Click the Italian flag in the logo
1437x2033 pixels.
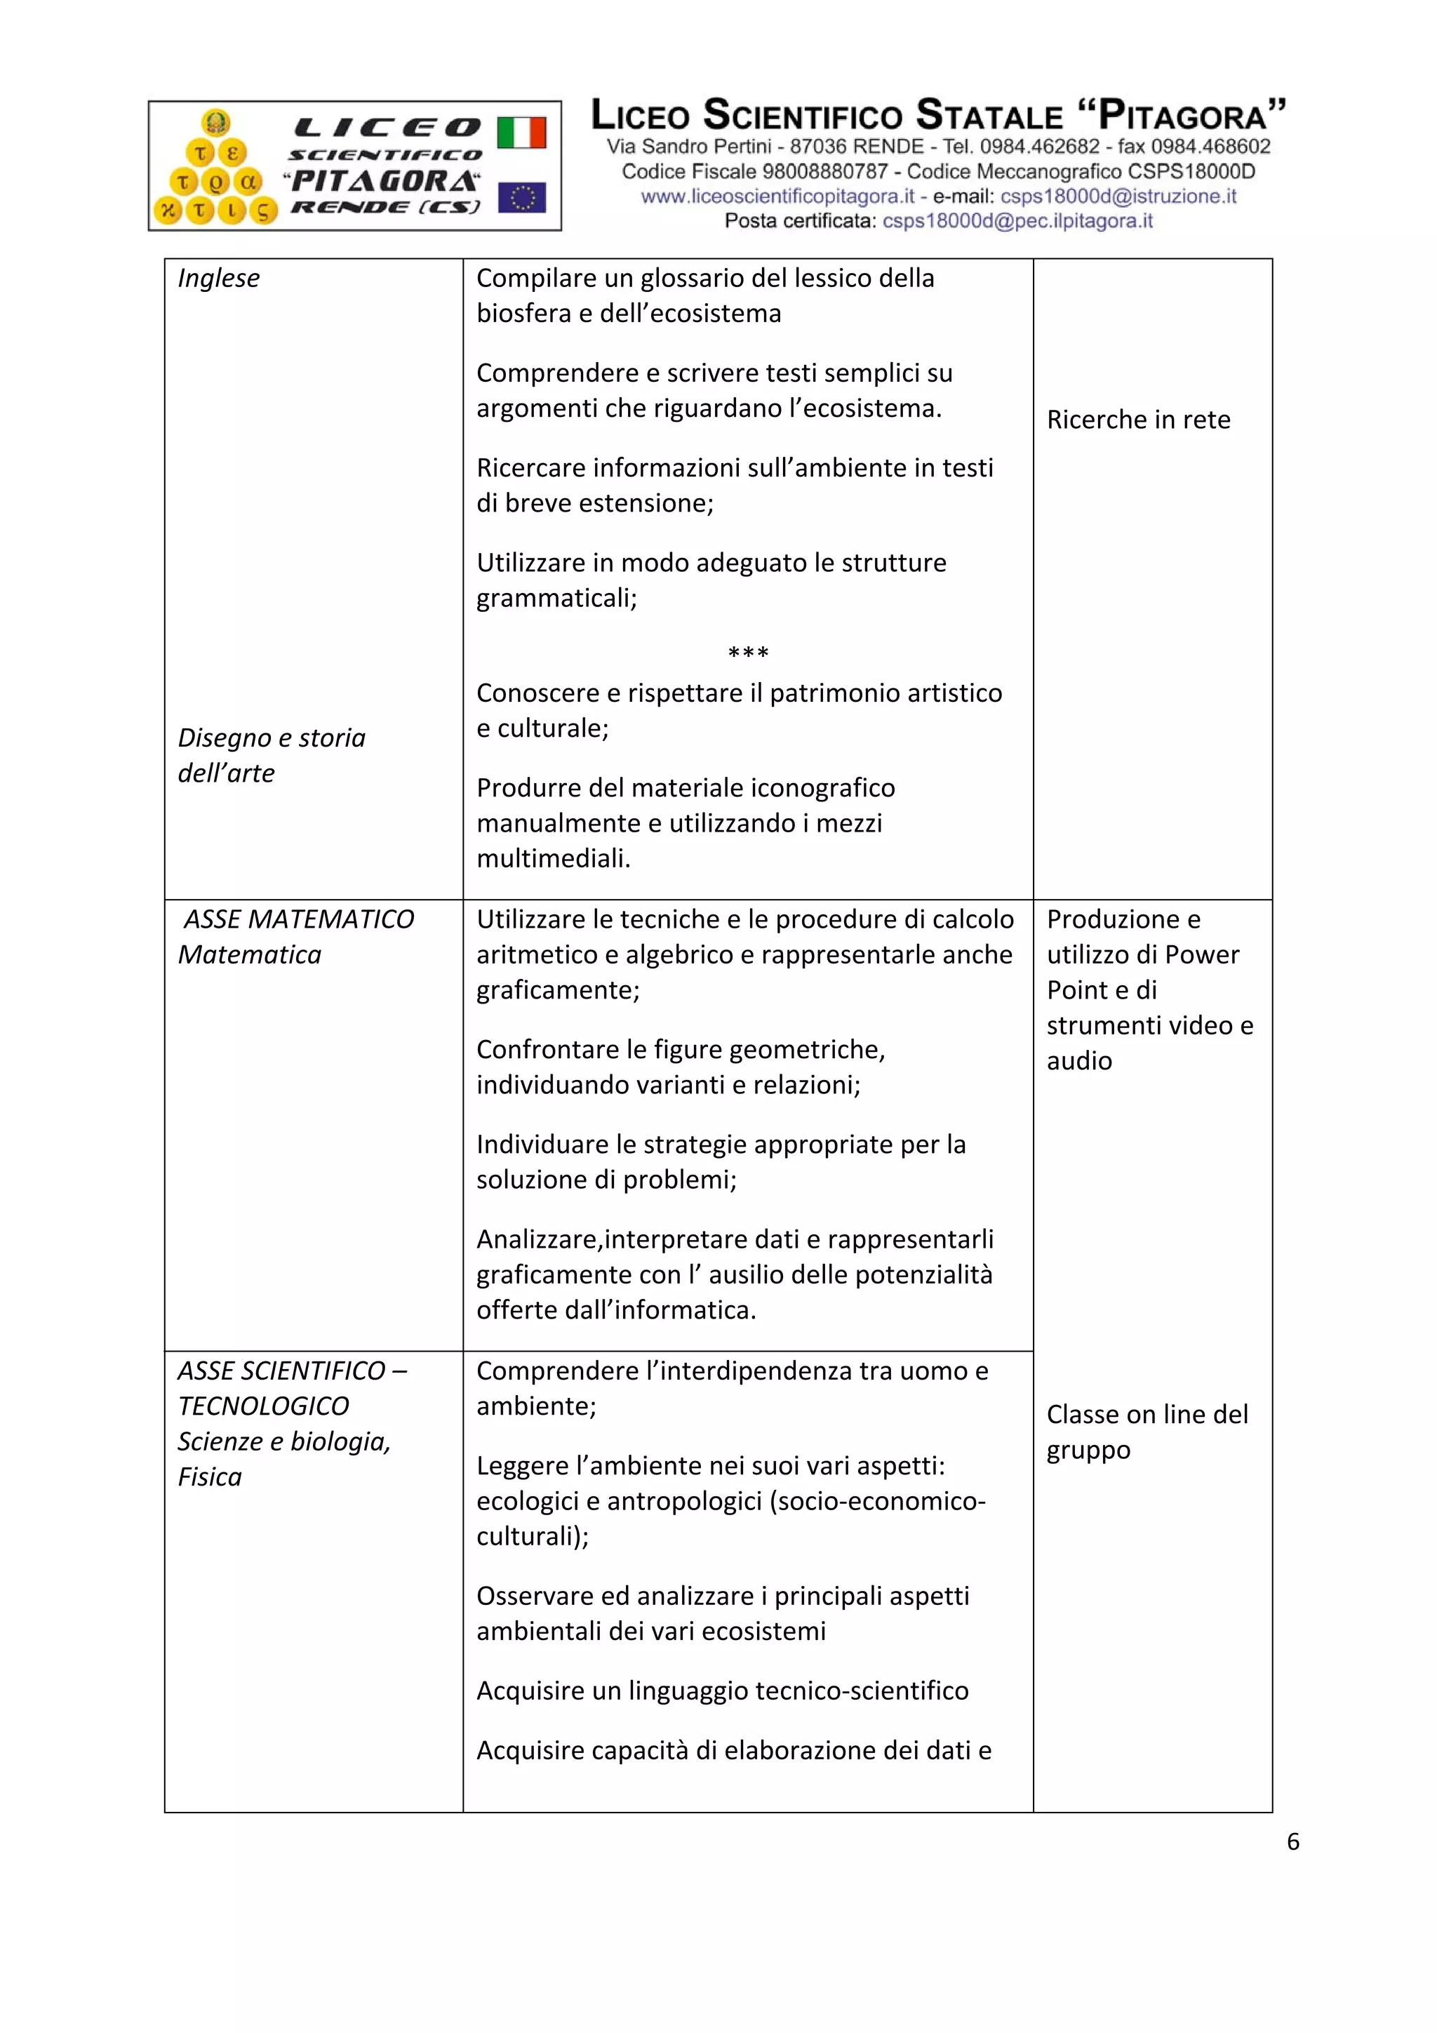coord(521,133)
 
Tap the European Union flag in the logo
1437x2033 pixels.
coord(521,197)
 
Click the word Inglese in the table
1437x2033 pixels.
coord(219,278)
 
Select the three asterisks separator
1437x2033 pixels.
coord(747,653)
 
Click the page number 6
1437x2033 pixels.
coord(1292,1841)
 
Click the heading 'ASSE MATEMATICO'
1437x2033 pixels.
coord(298,919)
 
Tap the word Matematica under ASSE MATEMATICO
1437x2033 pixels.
coord(250,954)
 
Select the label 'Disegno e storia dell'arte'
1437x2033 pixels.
coord(271,755)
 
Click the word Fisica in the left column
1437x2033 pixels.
coord(210,1477)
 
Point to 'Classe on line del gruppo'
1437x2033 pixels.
coord(1147,1432)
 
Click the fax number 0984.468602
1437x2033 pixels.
coord(1210,146)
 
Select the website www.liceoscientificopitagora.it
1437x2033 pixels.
coord(777,196)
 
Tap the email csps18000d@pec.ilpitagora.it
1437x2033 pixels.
coord(1017,221)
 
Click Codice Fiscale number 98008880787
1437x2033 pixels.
coord(824,172)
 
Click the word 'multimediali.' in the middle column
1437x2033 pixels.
coord(554,859)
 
